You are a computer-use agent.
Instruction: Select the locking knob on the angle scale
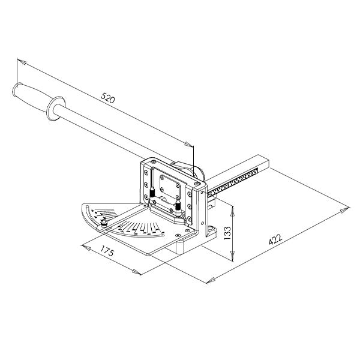point(104,224)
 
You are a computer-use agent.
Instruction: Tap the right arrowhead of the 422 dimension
point(344,211)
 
